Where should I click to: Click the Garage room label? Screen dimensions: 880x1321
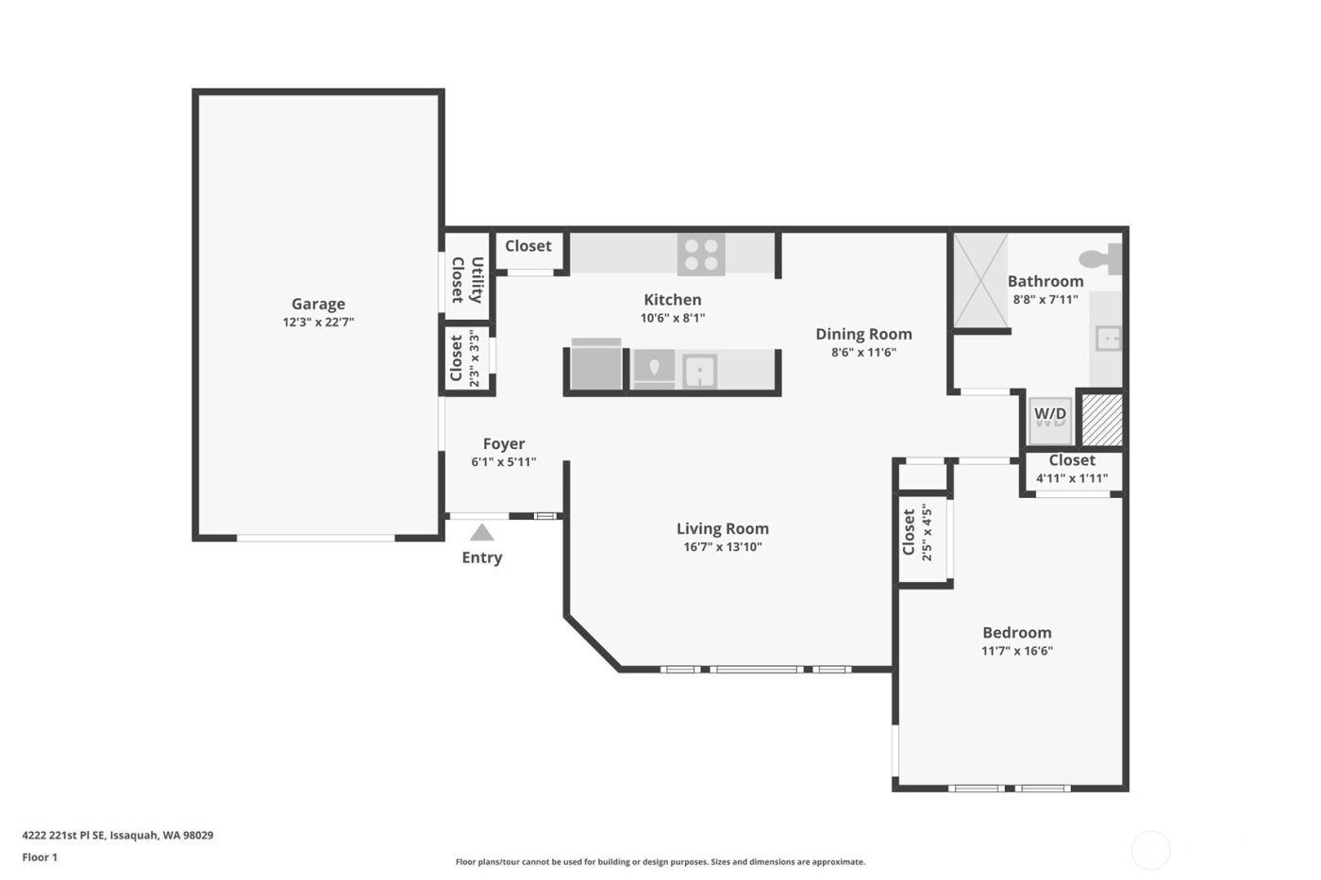click(x=318, y=304)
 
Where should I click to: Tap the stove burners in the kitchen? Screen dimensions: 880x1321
click(x=701, y=254)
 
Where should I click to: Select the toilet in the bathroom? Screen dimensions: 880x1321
click(x=1099, y=257)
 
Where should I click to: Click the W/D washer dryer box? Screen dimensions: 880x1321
click(x=1050, y=416)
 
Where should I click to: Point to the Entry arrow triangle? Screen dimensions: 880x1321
click(x=482, y=533)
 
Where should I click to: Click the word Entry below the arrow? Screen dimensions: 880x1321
click(x=481, y=557)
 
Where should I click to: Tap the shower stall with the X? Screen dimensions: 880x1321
click(x=980, y=280)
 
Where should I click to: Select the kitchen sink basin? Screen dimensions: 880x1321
click(x=699, y=371)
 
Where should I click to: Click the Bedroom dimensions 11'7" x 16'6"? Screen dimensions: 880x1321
click(x=1017, y=651)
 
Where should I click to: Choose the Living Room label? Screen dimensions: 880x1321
click(x=723, y=528)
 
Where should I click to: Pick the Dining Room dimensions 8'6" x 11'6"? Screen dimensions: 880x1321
click(x=863, y=352)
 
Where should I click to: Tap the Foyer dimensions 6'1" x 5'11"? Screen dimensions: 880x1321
click(x=504, y=462)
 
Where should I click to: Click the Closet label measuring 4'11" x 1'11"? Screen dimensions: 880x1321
click(x=1072, y=460)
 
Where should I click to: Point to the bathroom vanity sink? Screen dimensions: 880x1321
click(x=1108, y=339)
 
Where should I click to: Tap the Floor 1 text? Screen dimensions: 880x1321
click(x=40, y=857)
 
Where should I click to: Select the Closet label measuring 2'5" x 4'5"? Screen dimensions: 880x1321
click(x=909, y=532)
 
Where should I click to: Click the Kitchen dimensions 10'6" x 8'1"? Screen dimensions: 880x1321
click(x=673, y=318)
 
